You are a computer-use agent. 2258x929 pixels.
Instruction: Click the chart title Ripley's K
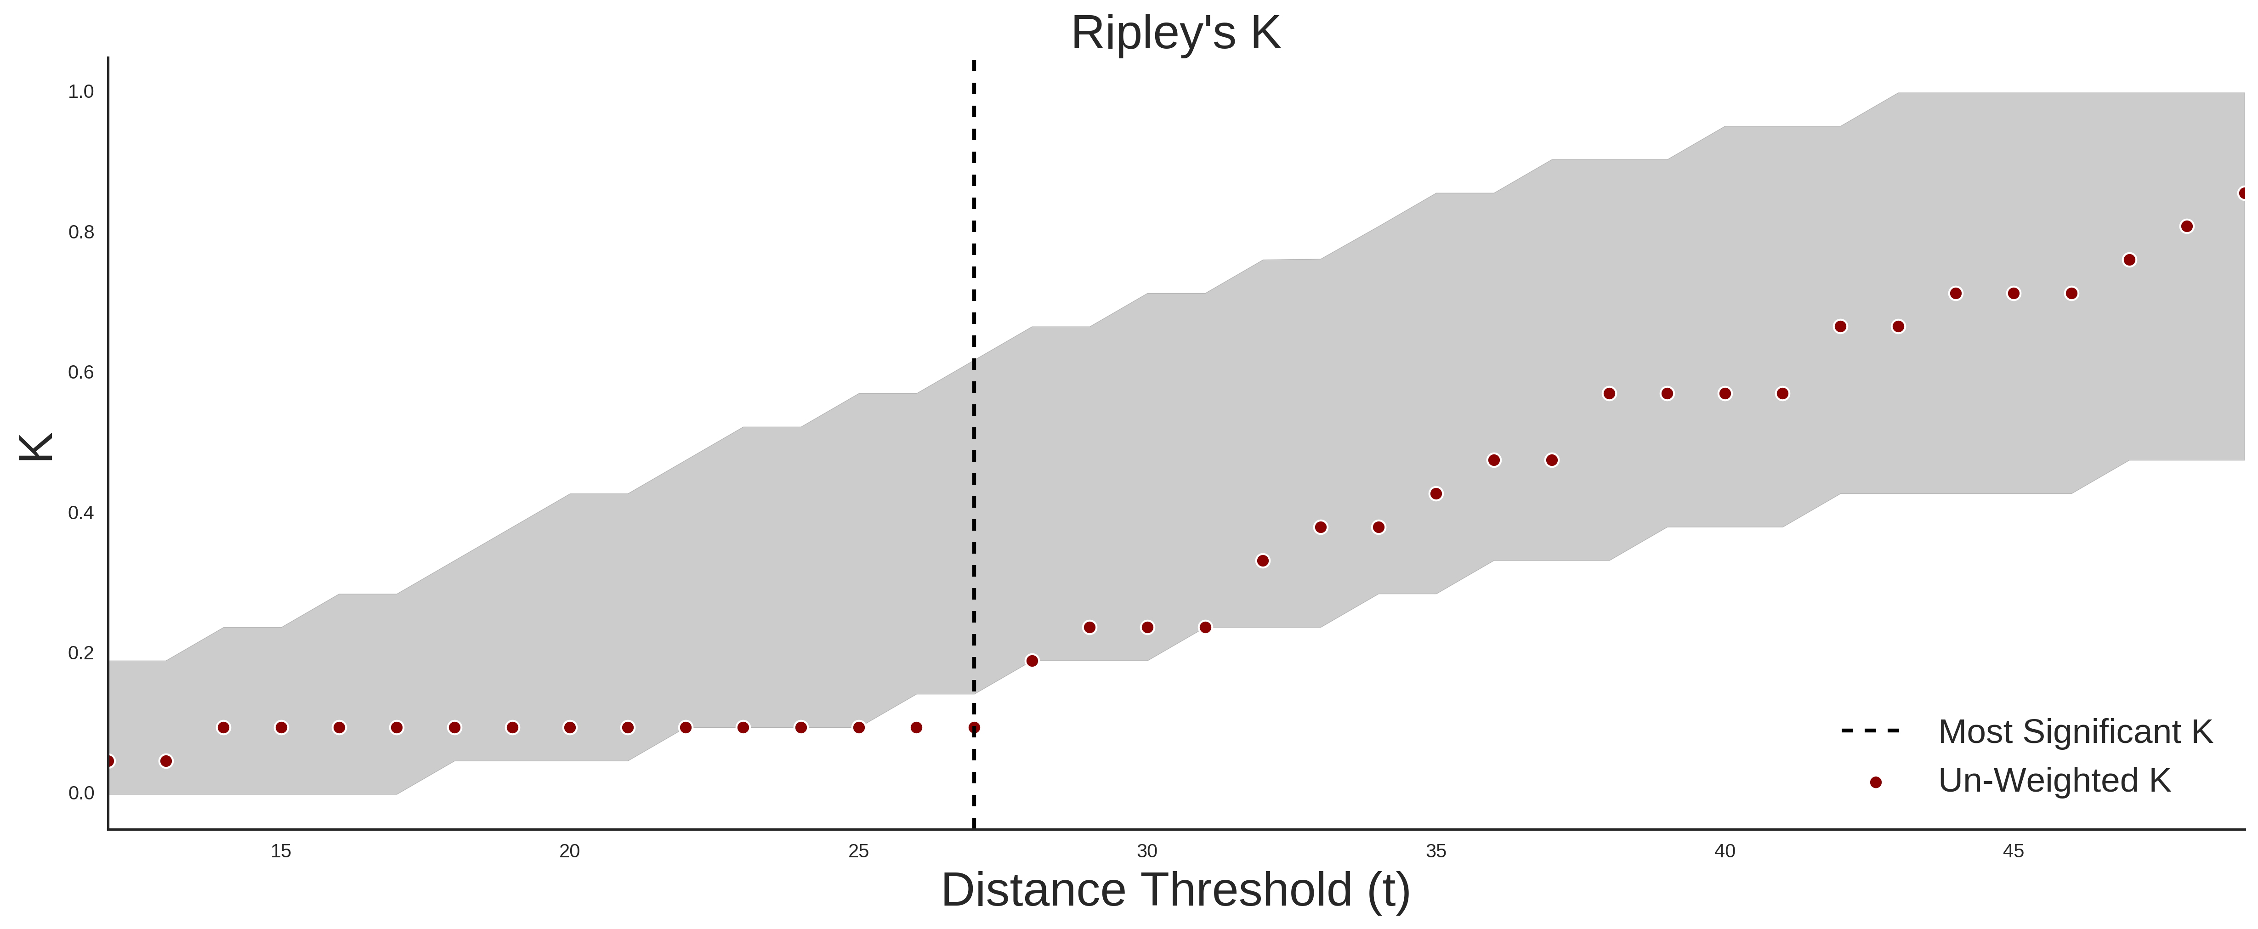point(1175,33)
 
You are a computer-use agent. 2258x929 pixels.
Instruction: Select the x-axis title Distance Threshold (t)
point(1175,890)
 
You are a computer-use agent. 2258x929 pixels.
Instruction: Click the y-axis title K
point(36,447)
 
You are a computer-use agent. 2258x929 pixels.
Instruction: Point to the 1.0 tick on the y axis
point(81,92)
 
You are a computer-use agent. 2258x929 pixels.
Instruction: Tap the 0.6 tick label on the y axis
point(81,373)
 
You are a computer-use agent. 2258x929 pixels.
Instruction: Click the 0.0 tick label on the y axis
point(81,793)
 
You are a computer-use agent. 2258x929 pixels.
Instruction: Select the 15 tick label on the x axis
point(280,851)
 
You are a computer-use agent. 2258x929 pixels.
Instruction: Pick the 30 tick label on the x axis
point(1147,851)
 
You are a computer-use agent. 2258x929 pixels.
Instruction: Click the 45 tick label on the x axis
point(2014,851)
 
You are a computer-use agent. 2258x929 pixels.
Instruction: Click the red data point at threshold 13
point(166,761)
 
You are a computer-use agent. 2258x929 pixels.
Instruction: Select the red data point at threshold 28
point(1032,661)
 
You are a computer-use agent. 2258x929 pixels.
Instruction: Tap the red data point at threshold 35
point(1436,493)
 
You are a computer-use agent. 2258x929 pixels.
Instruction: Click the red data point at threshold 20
point(570,727)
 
